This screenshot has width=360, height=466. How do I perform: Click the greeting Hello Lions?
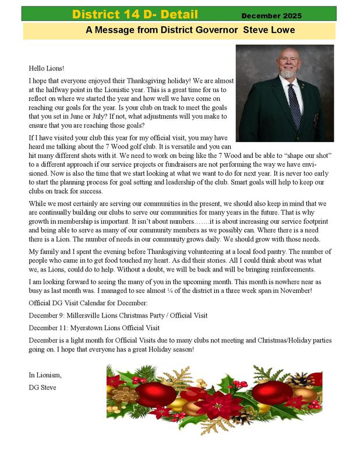(47, 67)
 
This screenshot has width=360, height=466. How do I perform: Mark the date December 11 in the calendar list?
(49, 327)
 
